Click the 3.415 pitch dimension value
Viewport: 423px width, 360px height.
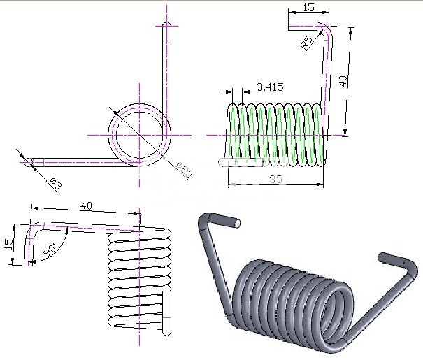click(271, 87)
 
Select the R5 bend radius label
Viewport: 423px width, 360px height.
click(306, 44)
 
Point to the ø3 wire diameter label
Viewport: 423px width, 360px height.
click(55, 184)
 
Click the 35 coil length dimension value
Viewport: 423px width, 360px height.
click(275, 180)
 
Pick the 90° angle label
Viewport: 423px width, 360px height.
click(50, 249)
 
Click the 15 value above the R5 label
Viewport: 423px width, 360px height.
click(308, 7)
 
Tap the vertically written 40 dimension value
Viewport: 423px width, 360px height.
click(343, 81)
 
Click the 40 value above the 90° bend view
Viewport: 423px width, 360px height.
click(87, 206)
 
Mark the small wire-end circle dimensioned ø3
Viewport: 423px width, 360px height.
click(29, 162)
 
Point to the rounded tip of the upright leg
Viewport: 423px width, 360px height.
click(167, 27)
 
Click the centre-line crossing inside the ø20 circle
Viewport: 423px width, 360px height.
click(140, 133)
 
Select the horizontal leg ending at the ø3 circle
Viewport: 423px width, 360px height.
click(77, 162)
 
